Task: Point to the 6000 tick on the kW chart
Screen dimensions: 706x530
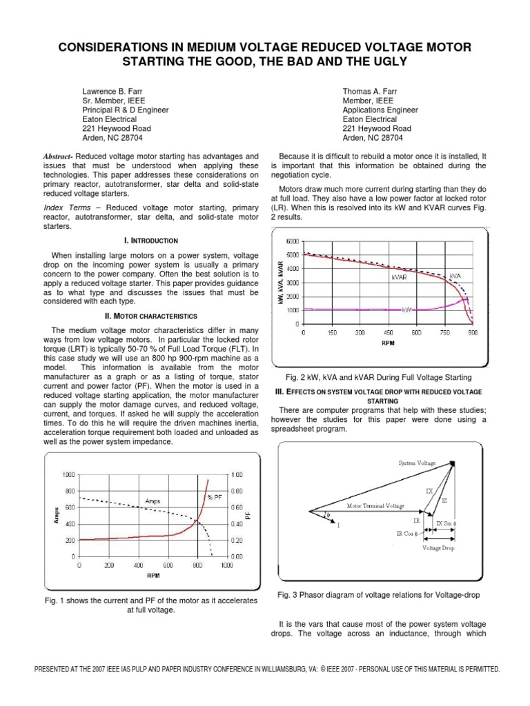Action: point(292,242)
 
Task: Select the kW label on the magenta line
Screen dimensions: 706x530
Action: point(407,310)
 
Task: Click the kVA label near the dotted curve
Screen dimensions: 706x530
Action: point(455,275)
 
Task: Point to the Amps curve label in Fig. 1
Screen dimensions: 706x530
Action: point(153,501)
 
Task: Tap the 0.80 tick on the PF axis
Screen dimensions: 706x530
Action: point(237,491)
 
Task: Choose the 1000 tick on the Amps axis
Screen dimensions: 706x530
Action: point(67,474)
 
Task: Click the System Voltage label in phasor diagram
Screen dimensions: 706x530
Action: point(417,463)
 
